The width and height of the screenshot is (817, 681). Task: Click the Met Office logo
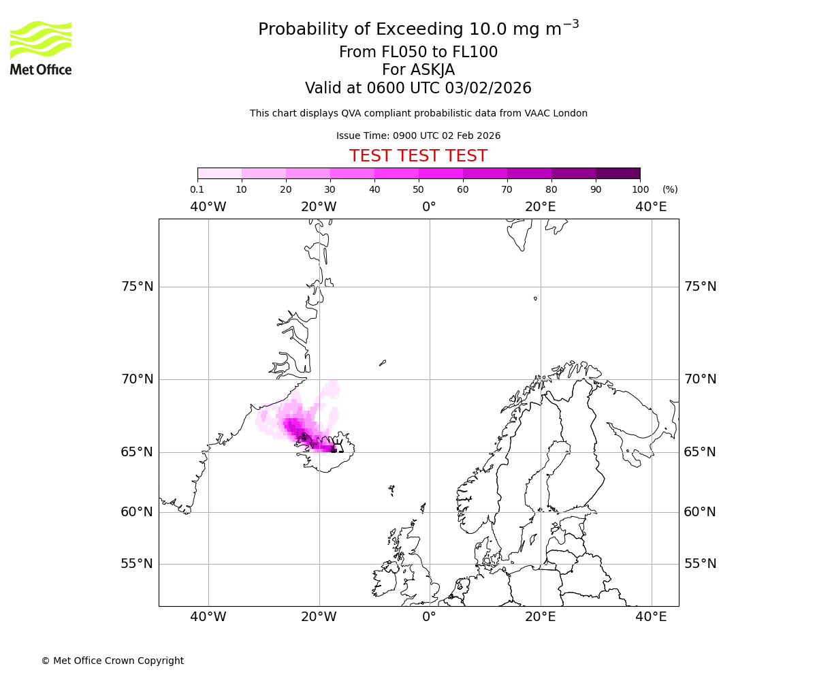coord(41,48)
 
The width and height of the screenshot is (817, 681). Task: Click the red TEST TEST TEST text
coord(418,156)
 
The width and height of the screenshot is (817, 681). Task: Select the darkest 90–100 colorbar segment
coord(618,173)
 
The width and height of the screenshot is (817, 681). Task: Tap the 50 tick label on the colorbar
coord(419,189)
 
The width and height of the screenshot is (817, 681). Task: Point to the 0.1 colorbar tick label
coord(197,189)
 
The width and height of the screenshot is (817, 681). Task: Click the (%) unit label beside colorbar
coord(670,189)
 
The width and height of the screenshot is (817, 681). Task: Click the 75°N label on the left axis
coord(137,287)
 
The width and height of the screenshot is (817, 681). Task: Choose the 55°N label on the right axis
coord(700,564)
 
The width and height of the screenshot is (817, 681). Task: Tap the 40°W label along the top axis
coord(208,206)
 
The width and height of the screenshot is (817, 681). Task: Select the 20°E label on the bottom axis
coord(541,617)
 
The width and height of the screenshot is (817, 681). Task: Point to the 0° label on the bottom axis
coord(429,617)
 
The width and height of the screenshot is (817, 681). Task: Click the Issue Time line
coord(418,136)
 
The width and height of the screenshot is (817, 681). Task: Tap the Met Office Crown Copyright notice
coord(112,661)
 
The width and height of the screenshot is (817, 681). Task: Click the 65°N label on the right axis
coord(700,452)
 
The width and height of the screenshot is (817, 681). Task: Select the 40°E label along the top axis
coord(651,206)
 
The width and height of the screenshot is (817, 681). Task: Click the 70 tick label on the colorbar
coord(507,189)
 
